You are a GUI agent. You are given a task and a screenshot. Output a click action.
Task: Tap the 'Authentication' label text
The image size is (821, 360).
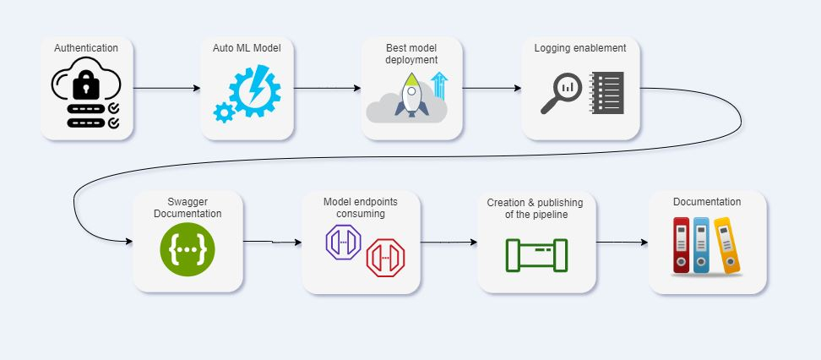pos(86,48)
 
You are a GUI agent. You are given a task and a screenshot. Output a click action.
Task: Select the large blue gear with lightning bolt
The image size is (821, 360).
pos(253,89)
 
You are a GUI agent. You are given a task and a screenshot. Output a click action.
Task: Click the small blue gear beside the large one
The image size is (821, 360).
pos(224,112)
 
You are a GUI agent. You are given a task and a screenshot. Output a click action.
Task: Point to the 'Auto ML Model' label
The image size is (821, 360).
pos(247,48)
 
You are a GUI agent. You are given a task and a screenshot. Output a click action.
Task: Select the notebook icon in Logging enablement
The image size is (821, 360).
pos(606,93)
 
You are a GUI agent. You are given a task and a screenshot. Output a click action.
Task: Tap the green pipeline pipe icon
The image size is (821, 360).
pos(536,254)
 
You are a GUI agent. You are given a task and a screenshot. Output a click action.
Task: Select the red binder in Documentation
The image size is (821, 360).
pos(682,246)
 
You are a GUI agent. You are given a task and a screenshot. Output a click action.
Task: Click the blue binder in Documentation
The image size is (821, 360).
pos(702,246)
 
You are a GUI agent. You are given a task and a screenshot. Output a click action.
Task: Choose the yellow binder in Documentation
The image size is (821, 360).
pos(726,246)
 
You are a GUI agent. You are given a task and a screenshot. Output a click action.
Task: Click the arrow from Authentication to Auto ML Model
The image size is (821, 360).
pos(166,88)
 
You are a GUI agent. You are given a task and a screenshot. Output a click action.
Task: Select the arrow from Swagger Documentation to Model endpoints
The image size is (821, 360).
pos(272,243)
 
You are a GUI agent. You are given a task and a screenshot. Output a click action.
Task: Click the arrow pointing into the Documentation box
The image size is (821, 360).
pos(622,243)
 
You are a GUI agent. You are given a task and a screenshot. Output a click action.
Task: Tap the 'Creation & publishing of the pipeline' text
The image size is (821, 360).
pos(536,208)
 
